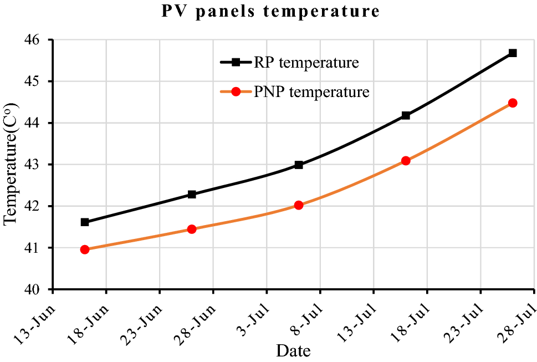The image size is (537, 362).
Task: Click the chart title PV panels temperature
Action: (x=270, y=12)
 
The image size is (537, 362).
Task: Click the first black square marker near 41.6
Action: (x=85, y=222)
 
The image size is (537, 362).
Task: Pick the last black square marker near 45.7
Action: (x=513, y=53)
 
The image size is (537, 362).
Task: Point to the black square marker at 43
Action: (x=299, y=165)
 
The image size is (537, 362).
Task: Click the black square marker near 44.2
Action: (x=406, y=116)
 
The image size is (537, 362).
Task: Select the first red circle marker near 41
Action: (x=85, y=249)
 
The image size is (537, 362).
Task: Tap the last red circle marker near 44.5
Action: (x=513, y=103)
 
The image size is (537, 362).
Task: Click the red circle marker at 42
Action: (x=299, y=205)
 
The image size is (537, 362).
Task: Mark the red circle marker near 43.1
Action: (x=406, y=161)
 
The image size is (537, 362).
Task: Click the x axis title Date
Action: (x=293, y=351)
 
